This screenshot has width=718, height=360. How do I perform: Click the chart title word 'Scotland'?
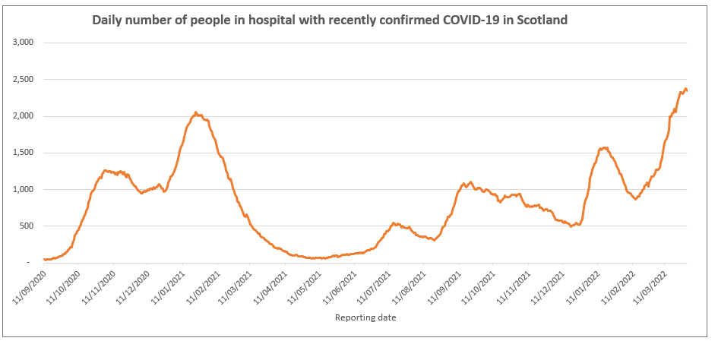(542, 21)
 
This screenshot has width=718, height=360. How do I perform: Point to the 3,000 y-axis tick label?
(24, 43)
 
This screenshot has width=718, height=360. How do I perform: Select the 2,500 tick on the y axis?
(24, 79)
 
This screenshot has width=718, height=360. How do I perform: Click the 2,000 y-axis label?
(24, 116)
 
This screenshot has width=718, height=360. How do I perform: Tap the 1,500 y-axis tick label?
(24, 153)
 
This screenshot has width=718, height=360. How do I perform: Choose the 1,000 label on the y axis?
(24, 189)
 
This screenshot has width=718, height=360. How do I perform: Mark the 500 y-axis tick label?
(28, 226)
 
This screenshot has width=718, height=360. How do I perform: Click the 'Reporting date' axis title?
(365, 318)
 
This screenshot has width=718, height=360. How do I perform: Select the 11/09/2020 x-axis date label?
(30, 285)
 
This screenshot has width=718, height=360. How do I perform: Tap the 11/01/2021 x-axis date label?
(169, 285)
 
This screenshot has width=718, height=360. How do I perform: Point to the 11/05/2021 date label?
(306, 285)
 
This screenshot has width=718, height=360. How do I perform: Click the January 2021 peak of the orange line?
(195, 112)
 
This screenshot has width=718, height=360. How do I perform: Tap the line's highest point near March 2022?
(685, 89)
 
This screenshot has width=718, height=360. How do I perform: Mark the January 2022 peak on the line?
(604, 148)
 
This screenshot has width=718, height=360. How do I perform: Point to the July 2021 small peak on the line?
(394, 223)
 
